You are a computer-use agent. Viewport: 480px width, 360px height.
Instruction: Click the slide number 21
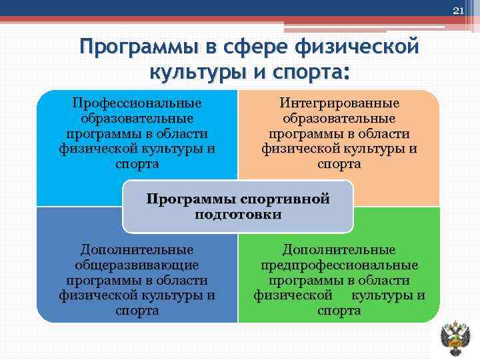pyautogui.click(x=457, y=10)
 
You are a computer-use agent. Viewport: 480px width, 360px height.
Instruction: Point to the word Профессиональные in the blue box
pyautogui.click(x=137, y=103)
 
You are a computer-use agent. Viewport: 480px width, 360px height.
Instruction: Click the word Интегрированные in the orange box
pyautogui.click(x=339, y=103)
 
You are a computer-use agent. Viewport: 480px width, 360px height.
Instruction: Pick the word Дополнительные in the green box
pyautogui.click(x=339, y=249)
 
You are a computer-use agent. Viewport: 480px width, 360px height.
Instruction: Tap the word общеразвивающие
pyautogui.click(x=137, y=265)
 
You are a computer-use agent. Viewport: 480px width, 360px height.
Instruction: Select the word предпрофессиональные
pyautogui.click(x=339, y=265)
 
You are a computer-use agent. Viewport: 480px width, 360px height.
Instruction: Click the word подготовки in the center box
pyautogui.click(x=238, y=215)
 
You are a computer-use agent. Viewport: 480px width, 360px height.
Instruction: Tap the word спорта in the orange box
pyautogui.click(x=339, y=164)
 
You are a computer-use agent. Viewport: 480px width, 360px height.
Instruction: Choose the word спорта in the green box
pyautogui.click(x=339, y=311)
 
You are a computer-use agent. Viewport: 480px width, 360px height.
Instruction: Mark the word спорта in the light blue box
pyautogui.click(x=137, y=164)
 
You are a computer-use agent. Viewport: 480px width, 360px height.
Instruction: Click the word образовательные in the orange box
pyautogui.click(x=339, y=119)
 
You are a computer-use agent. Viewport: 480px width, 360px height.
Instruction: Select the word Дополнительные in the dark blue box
pyautogui.click(x=137, y=249)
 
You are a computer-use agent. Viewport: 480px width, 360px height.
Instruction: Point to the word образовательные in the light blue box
pyautogui.click(x=137, y=119)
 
